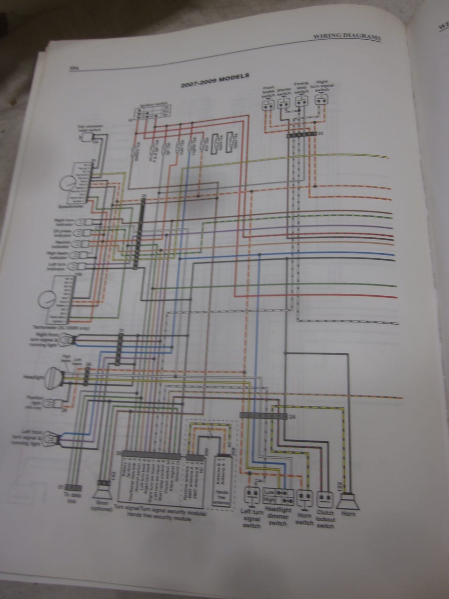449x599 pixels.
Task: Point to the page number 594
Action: tap(73, 69)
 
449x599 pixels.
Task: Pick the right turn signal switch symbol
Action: tap(321, 100)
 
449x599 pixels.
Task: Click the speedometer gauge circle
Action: tap(67, 183)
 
